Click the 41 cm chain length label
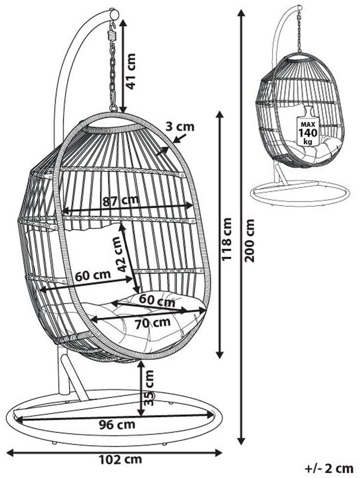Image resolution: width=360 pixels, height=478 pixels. [x=131, y=71]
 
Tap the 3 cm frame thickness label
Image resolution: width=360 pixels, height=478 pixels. [x=180, y=127]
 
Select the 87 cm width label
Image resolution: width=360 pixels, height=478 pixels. [x=120, y=200]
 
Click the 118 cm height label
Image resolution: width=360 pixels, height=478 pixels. [x=227, y=240]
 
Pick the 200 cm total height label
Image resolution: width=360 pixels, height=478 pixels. [x=250, y=240]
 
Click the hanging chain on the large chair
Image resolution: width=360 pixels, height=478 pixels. [x=113, y=73]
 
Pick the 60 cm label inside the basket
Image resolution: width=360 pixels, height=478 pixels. [x=93, y=275]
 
